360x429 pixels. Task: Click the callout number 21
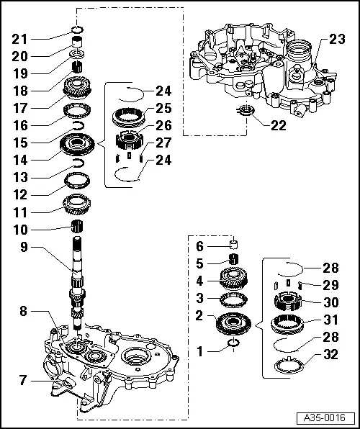tap(19, 40)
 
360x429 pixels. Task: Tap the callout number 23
tap(337, 39)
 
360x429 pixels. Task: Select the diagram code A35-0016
tap(325, 417)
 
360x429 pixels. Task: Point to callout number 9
tap(24, 247)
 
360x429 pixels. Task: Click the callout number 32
tap(331, 354)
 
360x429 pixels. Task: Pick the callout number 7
tap(23, 380)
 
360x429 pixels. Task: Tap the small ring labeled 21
tap(77, 29)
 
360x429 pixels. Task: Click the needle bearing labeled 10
tap(77, 227)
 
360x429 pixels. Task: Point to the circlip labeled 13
tap(78, 163)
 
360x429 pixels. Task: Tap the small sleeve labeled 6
tap(233, 244)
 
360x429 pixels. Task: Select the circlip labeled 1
tap(233, 343)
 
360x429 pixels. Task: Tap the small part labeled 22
tap(246, 111)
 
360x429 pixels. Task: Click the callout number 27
tap(163, 143)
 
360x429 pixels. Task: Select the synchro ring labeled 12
tap(77, 180)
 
